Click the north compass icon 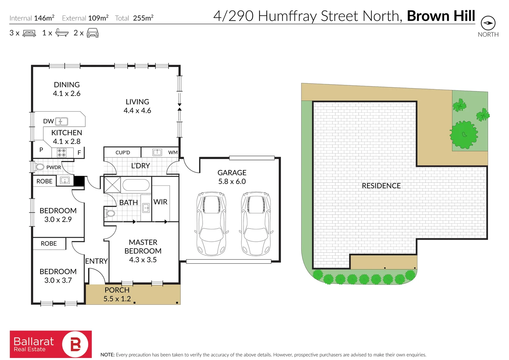pyautogui.click(x=488, y=23)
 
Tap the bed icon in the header pyautogui.click(x=29, y=33)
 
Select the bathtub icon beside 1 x pyautogui.click(x=62, y=33)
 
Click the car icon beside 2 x pyautogui.click(x=93, y=33)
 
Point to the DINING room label pyautogui.click(x=67, y=85)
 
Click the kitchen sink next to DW pyautogui.click(x=62, y=121)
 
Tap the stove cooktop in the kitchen pyautogui.click(x=62, y=153)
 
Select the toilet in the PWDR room pyautogui.click(x=40, y=167)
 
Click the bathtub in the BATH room pyautogui.click(x=136, y=185)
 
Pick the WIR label pyautogui.click(x=160, y=202)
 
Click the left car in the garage pyautogui.click(x=211, y=223)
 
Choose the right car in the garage pyautogui.click(x=256, y=223)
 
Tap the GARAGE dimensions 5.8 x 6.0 pyautogui.click(x=232, y=182)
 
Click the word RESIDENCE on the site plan pyautogui.click(x=381, y=186)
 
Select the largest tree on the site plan pyautogui.click(x=463, y=135)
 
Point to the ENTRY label pyautogui.click(x=96, y=261)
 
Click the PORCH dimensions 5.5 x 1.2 pyautogui.click(x=117, y=299)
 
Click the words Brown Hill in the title pyautogui.click(x=441, y=16)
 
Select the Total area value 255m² pyautogui.click(x=143, y=18)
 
